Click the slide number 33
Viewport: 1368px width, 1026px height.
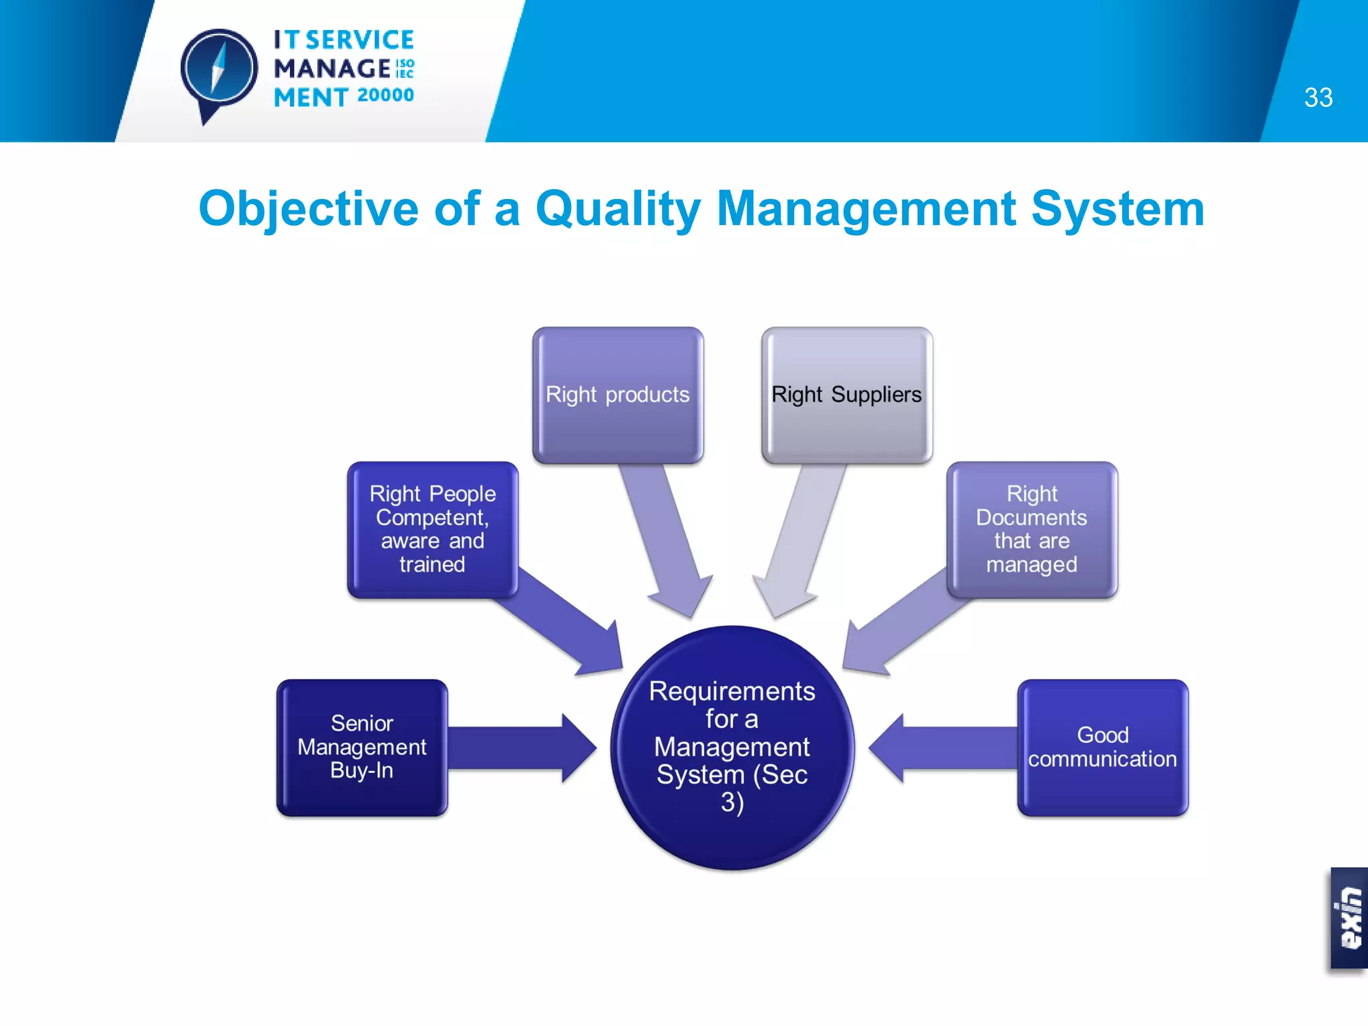[x=1318, y=98]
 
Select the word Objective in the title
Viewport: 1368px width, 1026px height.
[x=308, y=210]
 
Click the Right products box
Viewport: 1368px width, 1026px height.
[x=618, y=395]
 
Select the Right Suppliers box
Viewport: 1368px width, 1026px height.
[x=846, y=395]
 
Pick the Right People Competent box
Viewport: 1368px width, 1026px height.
[x=432, y=529]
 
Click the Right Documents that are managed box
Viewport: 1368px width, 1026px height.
[x=1031, y=529]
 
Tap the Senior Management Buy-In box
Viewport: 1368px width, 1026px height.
[x=362, y=747]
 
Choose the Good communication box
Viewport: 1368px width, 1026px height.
[x=1102, y=747]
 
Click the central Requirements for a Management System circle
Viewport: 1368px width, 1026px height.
[x=732, y=747]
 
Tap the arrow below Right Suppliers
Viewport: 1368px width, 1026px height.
[x=798, y=541]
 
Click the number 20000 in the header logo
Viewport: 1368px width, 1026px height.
[x=385, y=96]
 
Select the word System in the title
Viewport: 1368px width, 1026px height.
[x=1118, y=210]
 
